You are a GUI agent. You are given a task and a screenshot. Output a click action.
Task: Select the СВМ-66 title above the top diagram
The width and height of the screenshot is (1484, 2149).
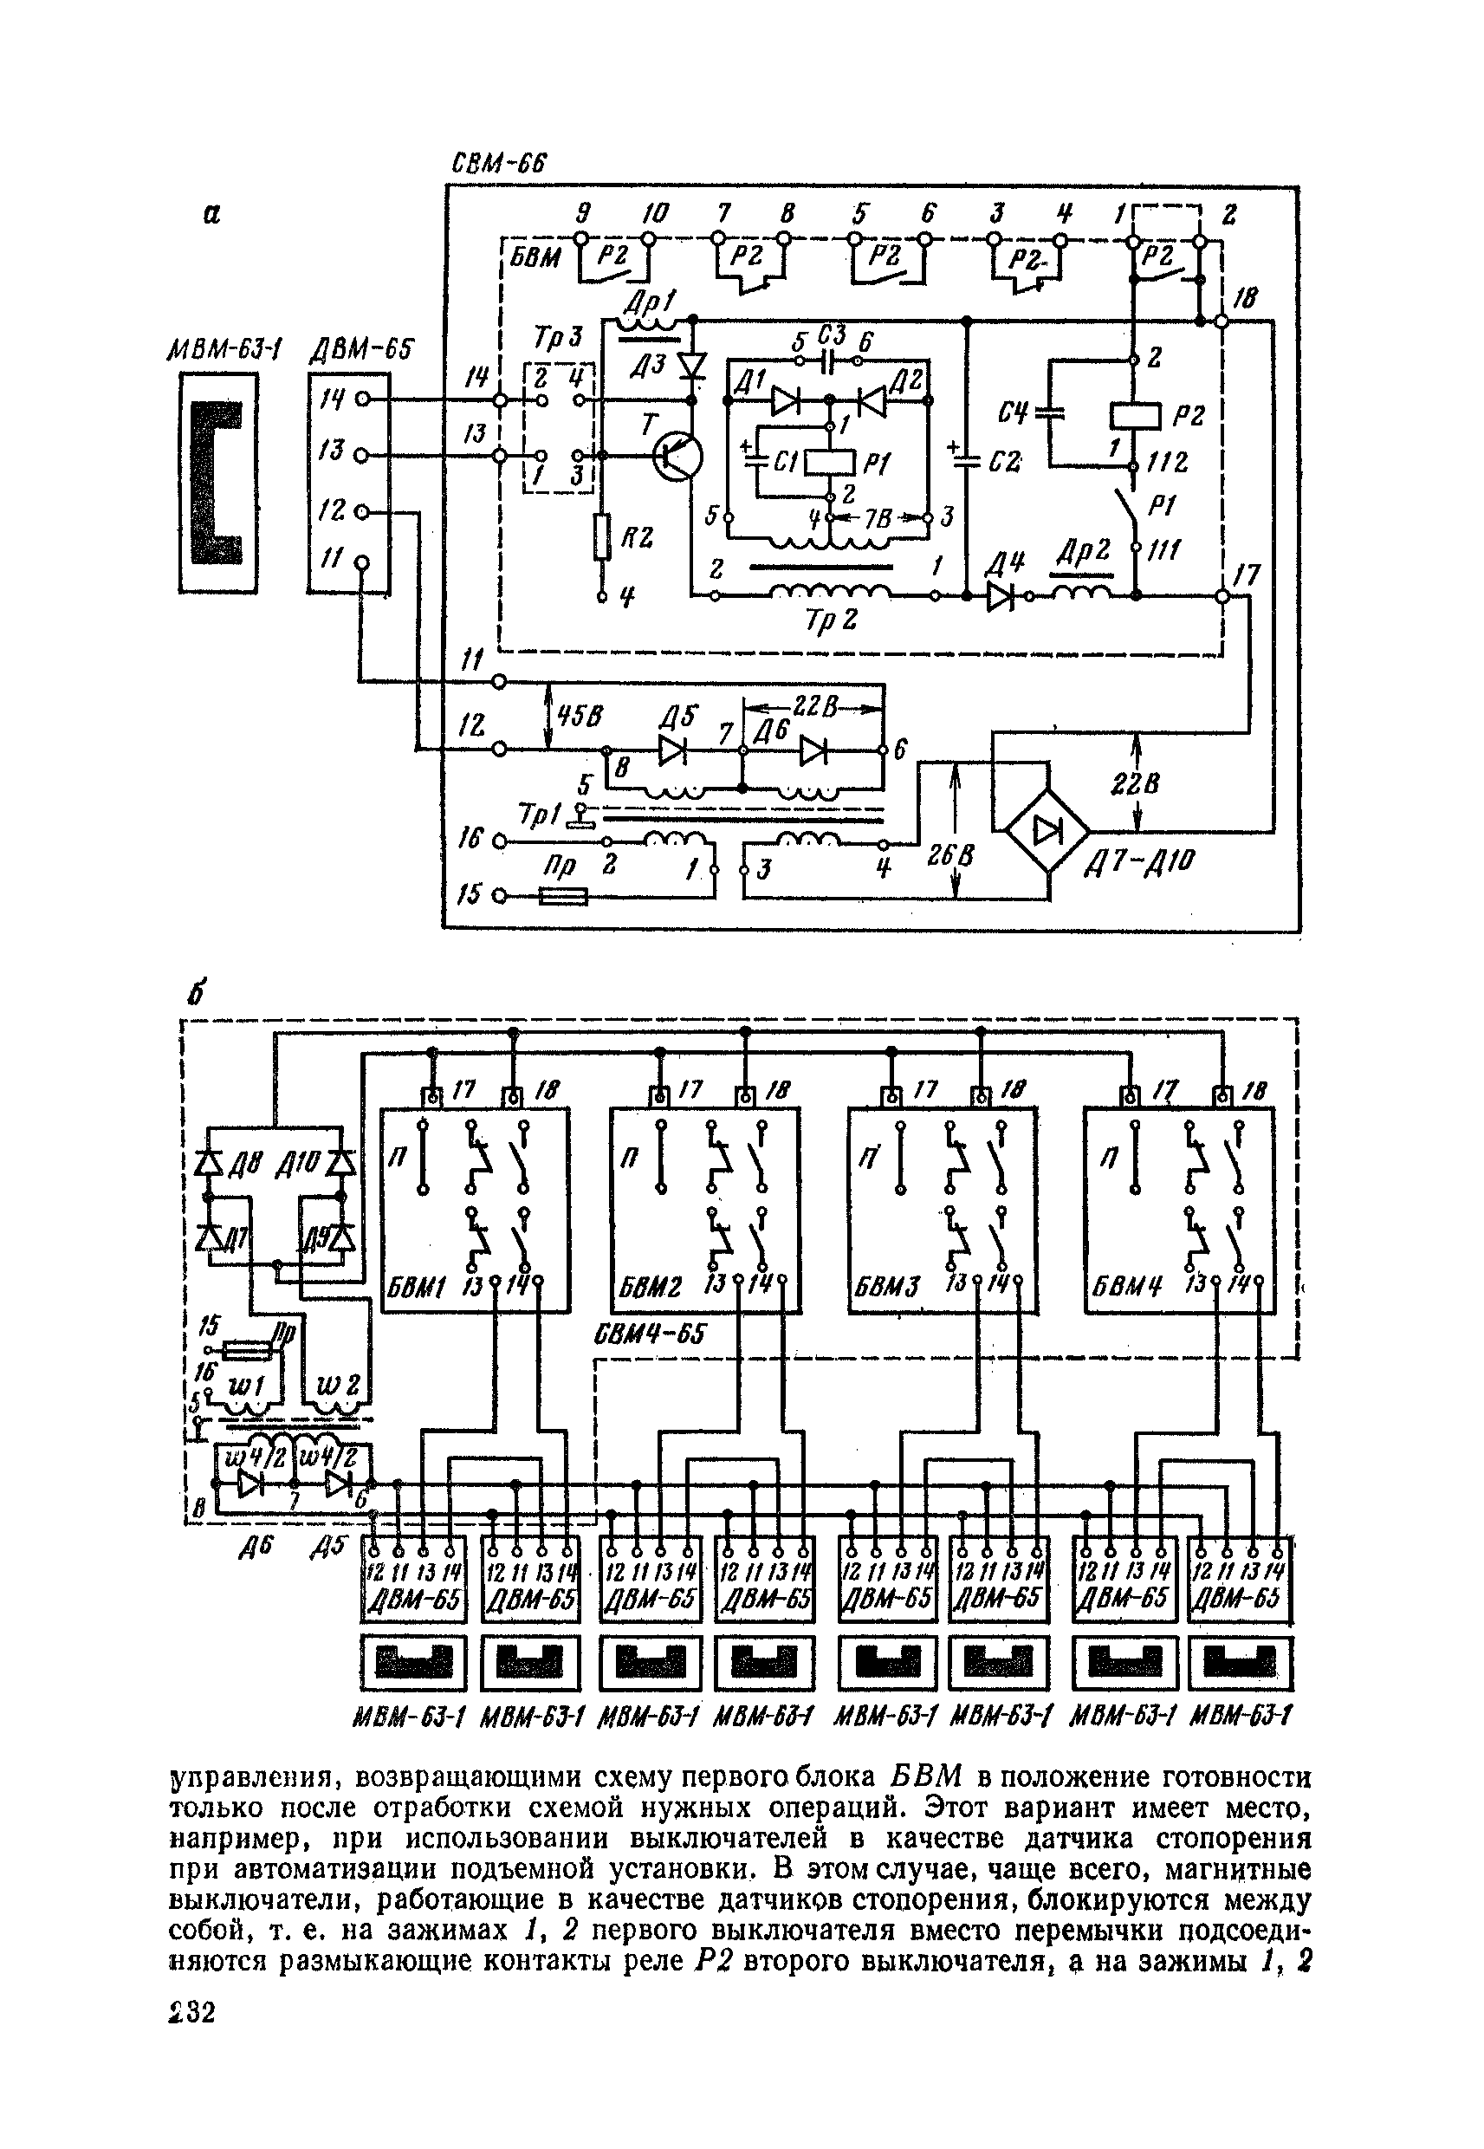pyautogui.click(x=497, y=164)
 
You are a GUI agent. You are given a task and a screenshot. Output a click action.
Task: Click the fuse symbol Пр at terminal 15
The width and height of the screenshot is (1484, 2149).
pyautogui.click(x=563, y=898)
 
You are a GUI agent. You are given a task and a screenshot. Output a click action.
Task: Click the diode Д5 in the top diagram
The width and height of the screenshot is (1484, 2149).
pyautogui.click(x=671, y=750)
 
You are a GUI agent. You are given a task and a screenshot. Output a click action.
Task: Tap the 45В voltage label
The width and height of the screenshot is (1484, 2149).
pyautogui.click(x=579, y=716)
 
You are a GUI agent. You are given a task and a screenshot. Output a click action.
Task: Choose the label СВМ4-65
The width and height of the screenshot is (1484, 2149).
pyautogui.click(x=648, y=1334)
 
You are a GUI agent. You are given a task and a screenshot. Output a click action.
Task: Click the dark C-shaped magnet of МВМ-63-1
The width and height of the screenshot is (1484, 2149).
pyautogui.click(x=216, y=483)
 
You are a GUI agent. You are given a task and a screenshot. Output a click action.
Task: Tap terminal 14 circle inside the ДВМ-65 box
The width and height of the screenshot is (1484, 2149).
pyautogui.click(x=364, y=399)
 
